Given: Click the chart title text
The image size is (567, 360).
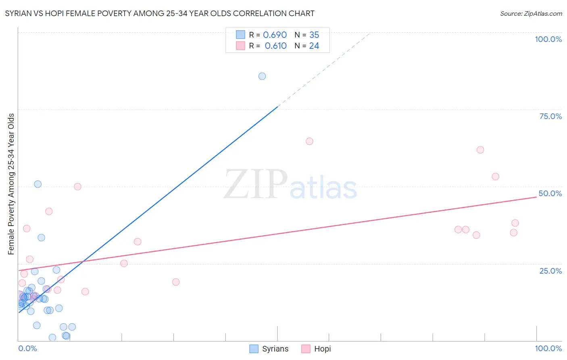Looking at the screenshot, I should click(x=160, y=13).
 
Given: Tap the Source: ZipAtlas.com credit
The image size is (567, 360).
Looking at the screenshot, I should click(x=531, y=13).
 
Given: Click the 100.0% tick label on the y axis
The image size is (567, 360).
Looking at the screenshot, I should click(x=548, y=39).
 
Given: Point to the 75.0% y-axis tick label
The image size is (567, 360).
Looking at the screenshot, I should click(x=550, y=116).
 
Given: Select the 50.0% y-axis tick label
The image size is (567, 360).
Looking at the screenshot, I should click(x=550, y=193).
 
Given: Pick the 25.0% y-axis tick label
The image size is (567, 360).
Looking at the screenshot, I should click(x=550, y=271).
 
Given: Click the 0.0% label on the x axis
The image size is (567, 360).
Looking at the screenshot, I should click(x=27, y=348).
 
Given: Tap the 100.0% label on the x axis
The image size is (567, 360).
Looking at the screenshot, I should click(x=548, y=348).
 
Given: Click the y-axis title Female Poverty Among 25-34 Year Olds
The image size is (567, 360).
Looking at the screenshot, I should click(x=11, y=184).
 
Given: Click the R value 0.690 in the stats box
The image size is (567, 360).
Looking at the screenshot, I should click(x=275, y=35).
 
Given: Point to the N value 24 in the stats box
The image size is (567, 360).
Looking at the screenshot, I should click(x=314, y=46).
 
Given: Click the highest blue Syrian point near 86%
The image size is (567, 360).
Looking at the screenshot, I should click(x=262, y=76).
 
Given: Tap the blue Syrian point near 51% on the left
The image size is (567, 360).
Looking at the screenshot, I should click(x=38, y=184).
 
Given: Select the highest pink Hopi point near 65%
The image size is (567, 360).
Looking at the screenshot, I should click(x=309, y=141).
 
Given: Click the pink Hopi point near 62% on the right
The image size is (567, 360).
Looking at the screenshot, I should click(x=480, y=150).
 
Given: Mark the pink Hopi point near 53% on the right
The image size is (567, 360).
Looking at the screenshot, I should click(x=496, y=176).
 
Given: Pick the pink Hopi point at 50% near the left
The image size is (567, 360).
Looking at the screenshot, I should click(x=78, y=186).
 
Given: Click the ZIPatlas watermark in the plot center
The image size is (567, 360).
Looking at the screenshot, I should click(x=290, y=185).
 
